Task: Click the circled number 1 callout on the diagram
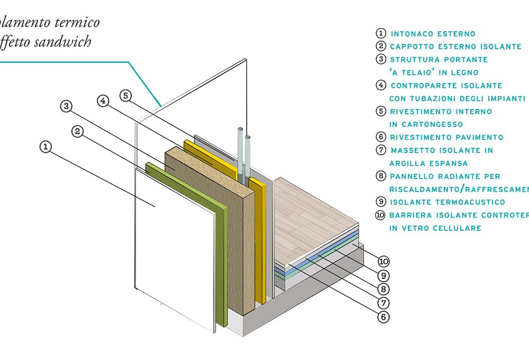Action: coord(46,147)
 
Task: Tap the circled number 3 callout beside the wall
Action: coord(66,106)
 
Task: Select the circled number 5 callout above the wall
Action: coord(125,96)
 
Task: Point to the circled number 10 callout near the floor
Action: coord(383,261)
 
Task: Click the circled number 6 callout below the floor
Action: coord(383,317)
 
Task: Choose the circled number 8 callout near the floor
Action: coord(383,289)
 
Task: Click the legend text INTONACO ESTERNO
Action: coord(433,34)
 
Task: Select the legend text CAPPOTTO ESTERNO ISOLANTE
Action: coord(455,47)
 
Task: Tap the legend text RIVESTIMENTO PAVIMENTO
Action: coord(446,137)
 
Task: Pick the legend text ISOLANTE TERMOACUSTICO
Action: coord(447,202)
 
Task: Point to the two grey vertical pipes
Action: coord(244,154)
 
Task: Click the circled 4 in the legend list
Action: coord(380,85)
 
